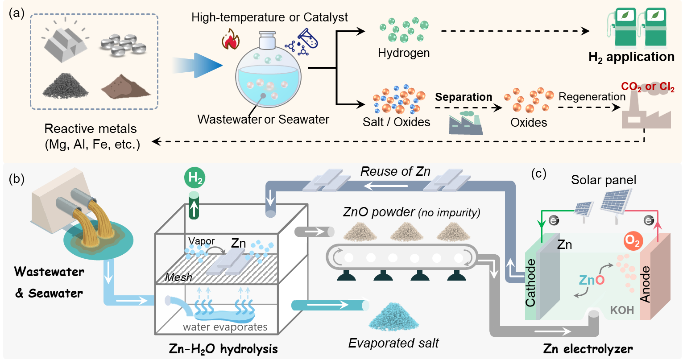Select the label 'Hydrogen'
click(404, 53)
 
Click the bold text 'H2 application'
click(631, 57)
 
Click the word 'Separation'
click(464, 97)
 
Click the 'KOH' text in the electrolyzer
click(622, 310)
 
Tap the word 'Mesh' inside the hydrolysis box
click(178, 277)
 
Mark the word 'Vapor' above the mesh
click(199, 241)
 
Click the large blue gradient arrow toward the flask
click(197, 66)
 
